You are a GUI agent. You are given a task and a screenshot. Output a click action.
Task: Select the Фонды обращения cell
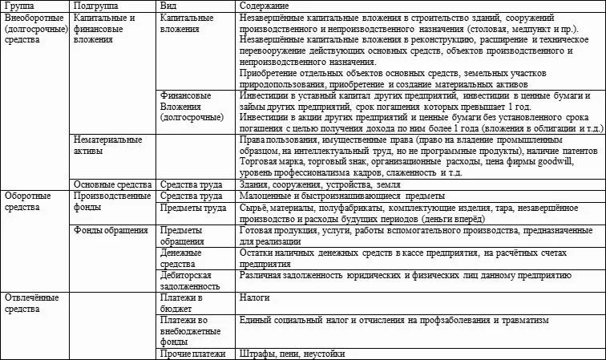click(110, 230)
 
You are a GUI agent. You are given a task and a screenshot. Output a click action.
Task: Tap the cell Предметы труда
click(193, 208)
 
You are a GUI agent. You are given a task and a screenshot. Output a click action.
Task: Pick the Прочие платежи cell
click(193, 354)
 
